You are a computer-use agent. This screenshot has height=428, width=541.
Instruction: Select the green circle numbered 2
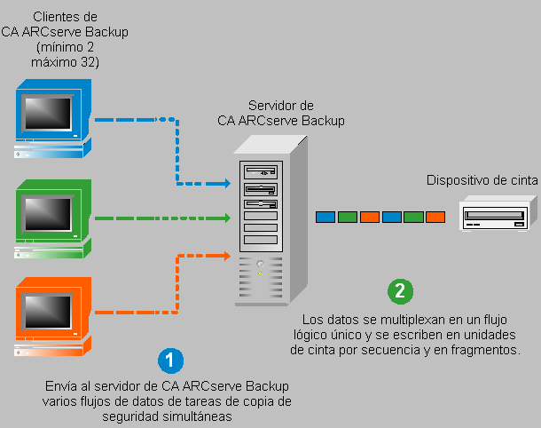[401, 289]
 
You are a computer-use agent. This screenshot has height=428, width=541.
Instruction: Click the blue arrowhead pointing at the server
[226, 185]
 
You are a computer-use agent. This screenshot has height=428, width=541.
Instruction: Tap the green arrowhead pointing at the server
[226, 218]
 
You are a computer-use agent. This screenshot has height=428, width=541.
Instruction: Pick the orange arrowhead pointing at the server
[226, 256]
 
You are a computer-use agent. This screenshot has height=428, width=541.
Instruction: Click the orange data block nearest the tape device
[435, 217]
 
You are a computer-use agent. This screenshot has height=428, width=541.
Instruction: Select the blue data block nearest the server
[325, 217]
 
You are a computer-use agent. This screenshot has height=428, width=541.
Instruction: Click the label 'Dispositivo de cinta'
[482, 179]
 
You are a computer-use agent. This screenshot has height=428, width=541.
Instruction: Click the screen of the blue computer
[48, 113]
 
